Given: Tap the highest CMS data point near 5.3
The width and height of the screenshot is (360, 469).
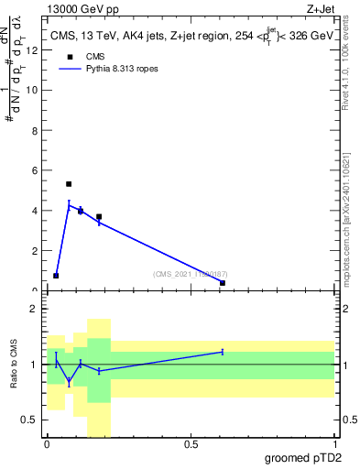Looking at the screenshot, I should [69, 184].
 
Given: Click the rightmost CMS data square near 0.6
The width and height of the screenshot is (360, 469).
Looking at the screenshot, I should [223, 283].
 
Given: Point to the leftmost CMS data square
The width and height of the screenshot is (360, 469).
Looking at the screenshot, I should [56, 276].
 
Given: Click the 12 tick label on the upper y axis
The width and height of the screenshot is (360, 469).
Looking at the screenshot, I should [33, 50].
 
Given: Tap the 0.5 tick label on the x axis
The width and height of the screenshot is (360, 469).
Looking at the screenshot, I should [191, 444].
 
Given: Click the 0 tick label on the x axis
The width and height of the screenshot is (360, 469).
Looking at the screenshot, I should [47, 444].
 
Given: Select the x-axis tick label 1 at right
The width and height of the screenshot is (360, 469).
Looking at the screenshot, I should [334, 444].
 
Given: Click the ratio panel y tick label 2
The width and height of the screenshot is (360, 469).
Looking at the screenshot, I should [33, 309].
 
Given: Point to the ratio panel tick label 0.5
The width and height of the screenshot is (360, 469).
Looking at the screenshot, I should [29, 420].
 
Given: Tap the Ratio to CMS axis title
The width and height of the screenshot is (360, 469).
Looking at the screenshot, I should [15, 364].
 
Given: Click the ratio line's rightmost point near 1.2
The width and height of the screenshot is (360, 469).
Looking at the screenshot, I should [223, 352].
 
